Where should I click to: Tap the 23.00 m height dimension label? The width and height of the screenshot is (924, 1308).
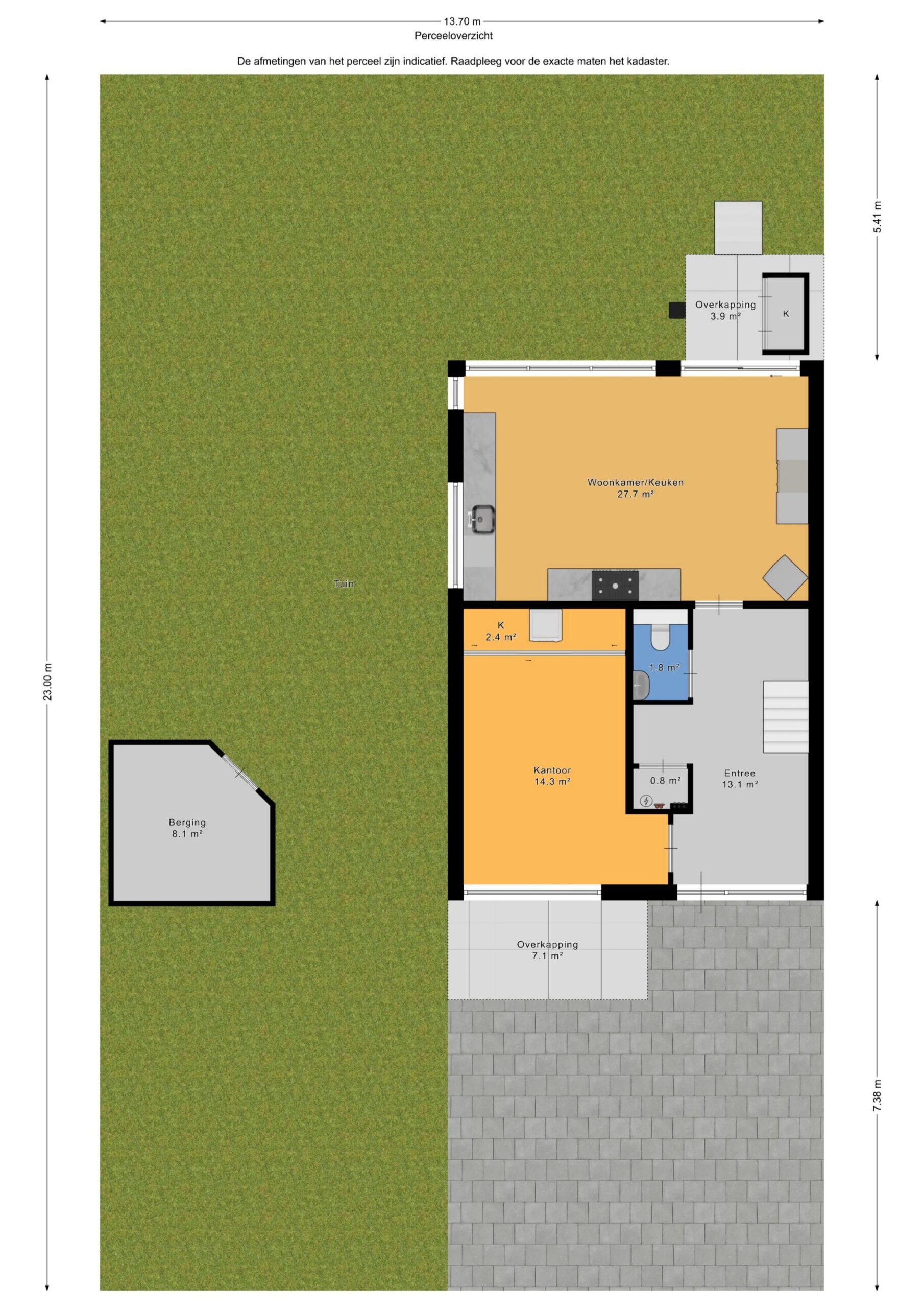[48, 682]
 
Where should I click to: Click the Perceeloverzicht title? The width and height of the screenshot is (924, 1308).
[453, 36]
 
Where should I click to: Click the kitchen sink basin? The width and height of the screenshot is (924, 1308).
[483, 520]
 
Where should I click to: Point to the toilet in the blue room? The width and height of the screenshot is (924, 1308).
[661, 637]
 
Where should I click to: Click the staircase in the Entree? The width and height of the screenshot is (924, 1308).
[786, 717]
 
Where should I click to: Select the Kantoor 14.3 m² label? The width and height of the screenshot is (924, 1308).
[552, 776]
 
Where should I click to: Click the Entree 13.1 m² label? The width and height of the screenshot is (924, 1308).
[740, 778]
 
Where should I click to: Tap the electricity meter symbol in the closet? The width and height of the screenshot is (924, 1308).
[646, 801]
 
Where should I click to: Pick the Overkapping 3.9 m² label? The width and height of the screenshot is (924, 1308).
[725, 310]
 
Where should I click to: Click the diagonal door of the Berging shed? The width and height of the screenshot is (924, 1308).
[240, 773]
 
